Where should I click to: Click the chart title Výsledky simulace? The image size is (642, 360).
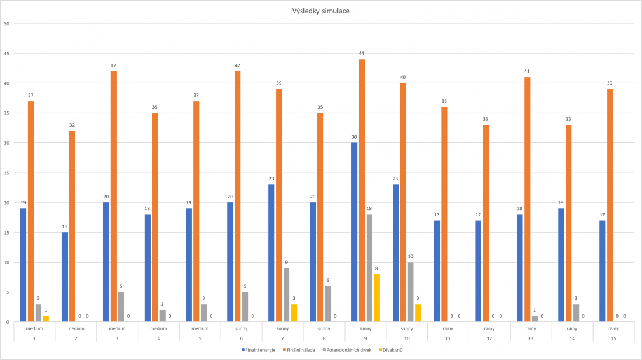coord(322,11)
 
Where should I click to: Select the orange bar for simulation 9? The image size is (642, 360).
coord(362,190)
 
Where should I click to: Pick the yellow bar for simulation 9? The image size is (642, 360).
coord(377,298)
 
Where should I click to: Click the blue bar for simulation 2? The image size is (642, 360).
coord(64,277)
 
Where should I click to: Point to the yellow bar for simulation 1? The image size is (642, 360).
coord(46,319)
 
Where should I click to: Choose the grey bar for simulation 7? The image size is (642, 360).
coord(287,295)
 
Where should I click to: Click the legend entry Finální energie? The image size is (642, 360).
coord(260,350)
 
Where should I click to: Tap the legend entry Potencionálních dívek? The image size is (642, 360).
coord(350,350)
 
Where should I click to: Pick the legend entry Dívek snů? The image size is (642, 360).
coord(393,350)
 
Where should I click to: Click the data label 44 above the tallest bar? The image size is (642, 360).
coord(362,53)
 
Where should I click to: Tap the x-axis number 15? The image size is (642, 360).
coord(613,338)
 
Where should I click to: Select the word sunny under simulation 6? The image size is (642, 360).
coord(242,328)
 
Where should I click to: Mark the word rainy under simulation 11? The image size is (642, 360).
coord(448,328)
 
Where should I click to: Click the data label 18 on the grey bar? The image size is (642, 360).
coord(369,208)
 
